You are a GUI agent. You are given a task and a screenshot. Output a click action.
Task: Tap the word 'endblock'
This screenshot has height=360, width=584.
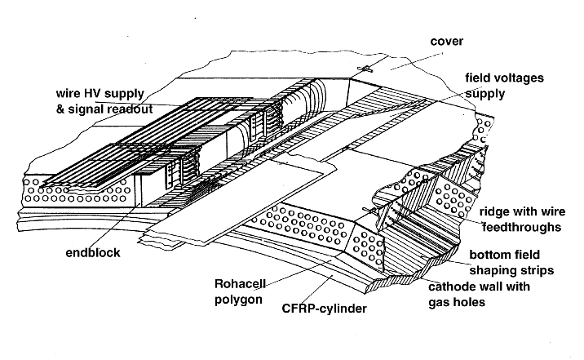[x=94, y=253]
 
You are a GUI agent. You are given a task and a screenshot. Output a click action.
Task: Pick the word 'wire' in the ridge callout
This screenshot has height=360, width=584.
[x=545, y=211]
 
